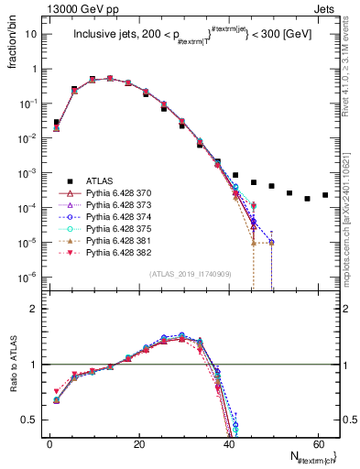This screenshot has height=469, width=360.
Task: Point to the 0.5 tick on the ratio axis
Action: click(31, 420)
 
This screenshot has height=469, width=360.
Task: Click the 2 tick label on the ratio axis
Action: click(35, 309)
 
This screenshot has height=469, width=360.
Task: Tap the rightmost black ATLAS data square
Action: click(325, 195)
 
